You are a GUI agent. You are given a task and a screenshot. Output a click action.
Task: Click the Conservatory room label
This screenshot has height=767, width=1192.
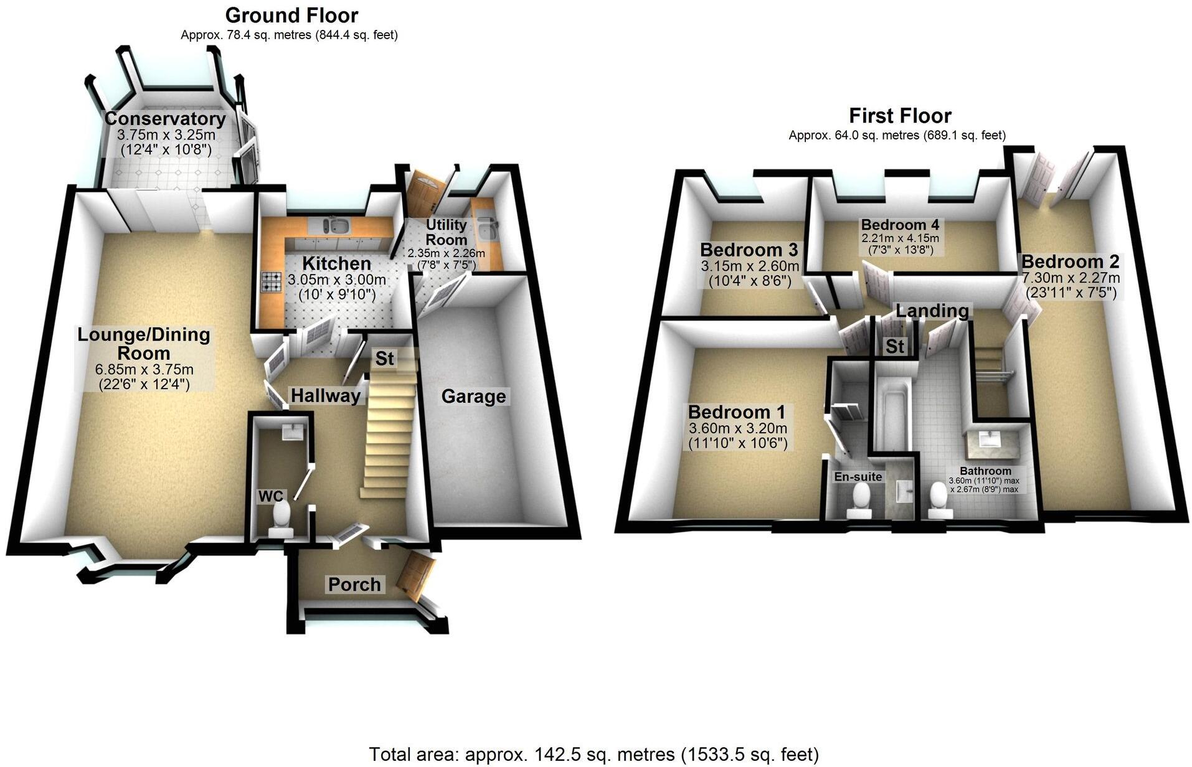(165, 118)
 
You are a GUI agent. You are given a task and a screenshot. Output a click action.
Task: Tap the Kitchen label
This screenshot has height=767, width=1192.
(336, 263)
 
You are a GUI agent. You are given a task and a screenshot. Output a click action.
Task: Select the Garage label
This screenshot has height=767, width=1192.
(473, 396)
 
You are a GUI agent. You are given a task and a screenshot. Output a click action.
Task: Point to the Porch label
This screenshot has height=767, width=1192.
(354, 584)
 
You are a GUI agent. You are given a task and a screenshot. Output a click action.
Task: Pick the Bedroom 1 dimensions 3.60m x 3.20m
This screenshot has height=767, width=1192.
(738, 428)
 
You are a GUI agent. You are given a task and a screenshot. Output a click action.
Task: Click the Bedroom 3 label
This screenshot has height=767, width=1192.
(749, 250)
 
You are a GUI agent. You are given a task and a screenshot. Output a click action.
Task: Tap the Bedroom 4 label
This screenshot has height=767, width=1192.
(900, 225)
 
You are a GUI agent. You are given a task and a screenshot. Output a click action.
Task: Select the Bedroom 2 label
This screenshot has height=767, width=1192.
(1070, 261)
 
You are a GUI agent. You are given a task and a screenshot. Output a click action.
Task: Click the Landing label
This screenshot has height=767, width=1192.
(932, 310)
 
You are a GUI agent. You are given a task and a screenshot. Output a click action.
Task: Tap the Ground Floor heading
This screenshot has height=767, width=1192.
(291, 15)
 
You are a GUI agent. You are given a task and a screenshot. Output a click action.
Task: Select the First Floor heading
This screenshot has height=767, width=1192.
(900, 116)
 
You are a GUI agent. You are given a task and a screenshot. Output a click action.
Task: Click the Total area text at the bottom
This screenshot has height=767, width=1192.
(594, 754)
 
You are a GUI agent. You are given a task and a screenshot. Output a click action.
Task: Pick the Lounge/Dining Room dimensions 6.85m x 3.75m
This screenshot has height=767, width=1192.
(144, 370)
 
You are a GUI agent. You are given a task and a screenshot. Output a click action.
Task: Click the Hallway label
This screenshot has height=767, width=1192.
(326, 395)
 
